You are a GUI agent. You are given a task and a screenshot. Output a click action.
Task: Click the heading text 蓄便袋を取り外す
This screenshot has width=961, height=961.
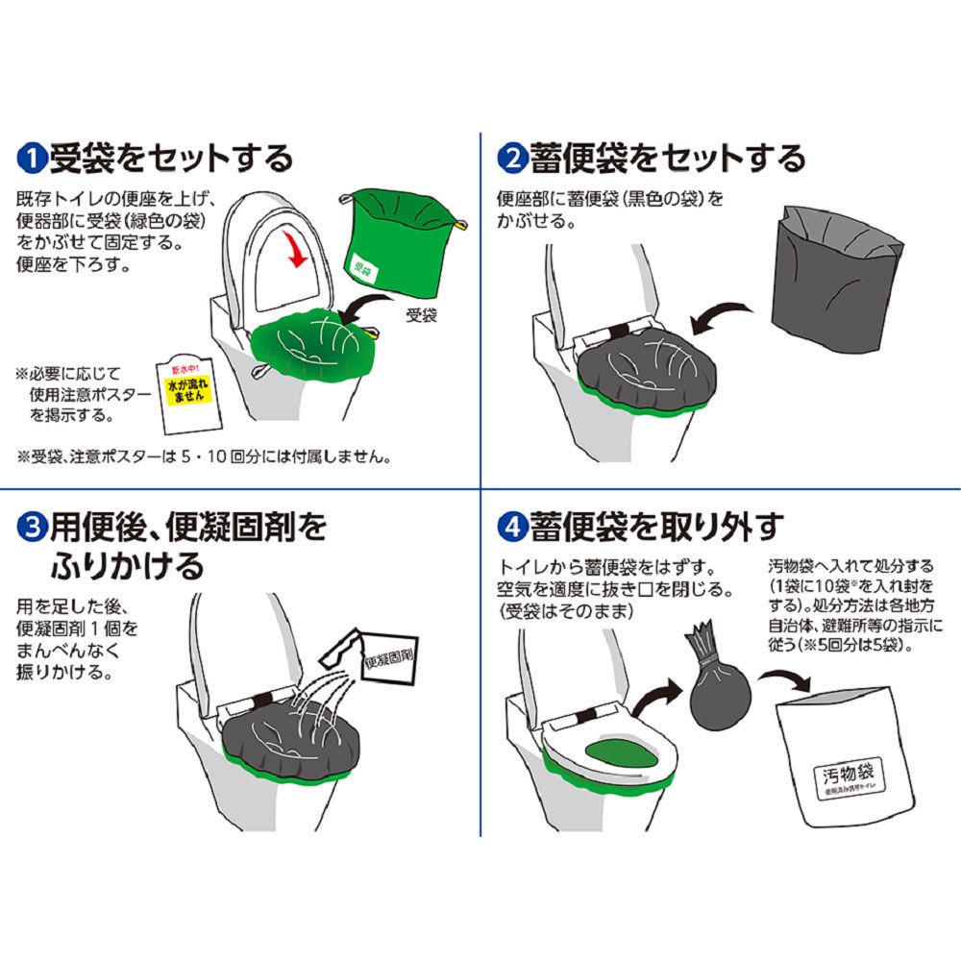click(x=653, y=527)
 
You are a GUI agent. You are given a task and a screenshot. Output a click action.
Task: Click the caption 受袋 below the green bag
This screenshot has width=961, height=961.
click(x=420, y=315)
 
